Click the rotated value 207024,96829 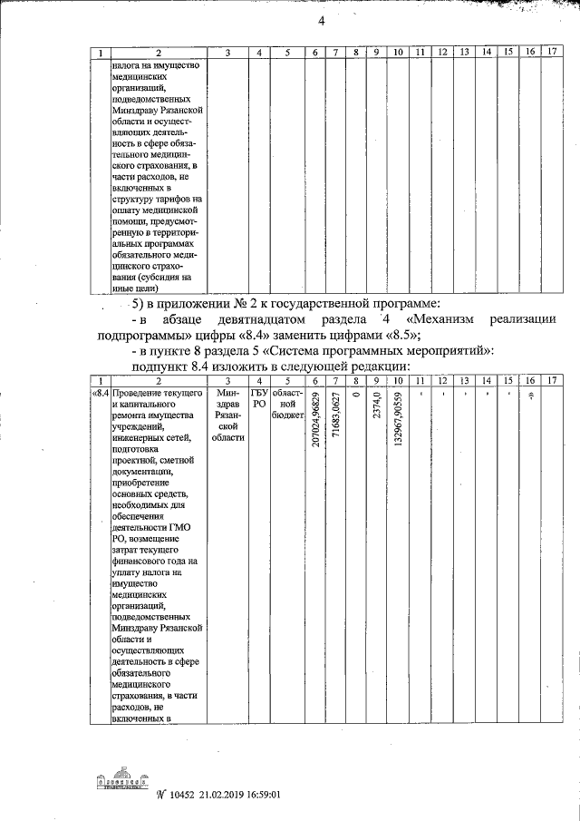tap(314, 441)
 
